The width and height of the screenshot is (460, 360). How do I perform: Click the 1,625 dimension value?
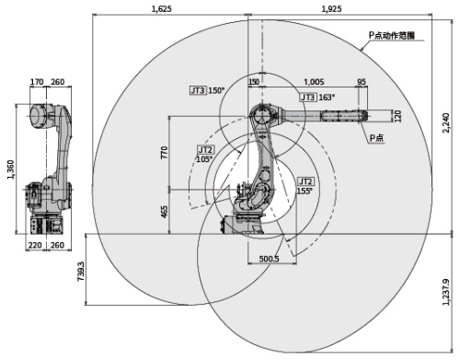tap(162, 8)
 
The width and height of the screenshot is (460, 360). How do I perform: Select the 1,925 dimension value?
tap(331, 8)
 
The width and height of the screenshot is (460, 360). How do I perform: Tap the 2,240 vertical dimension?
tap(446, 123)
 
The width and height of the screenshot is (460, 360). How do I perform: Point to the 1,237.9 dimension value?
tap(446, 292)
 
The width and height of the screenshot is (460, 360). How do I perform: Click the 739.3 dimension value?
tap(81, 272)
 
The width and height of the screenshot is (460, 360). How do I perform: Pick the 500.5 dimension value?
tap(269, 259)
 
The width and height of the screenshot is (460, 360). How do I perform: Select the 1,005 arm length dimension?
tap(314, 82)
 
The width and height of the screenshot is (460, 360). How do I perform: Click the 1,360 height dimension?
tap(11, 169)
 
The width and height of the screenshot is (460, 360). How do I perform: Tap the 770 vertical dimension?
tap(165, 153)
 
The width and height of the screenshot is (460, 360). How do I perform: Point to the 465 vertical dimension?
tap(165, 212)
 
